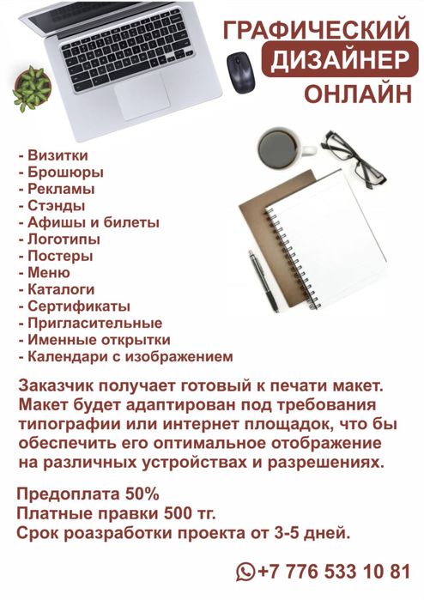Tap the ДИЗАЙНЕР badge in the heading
[339, 61]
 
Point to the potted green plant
[32, 88]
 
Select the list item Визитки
[52, 157]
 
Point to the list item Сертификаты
[73, 306]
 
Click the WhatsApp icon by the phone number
[246, 570]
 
